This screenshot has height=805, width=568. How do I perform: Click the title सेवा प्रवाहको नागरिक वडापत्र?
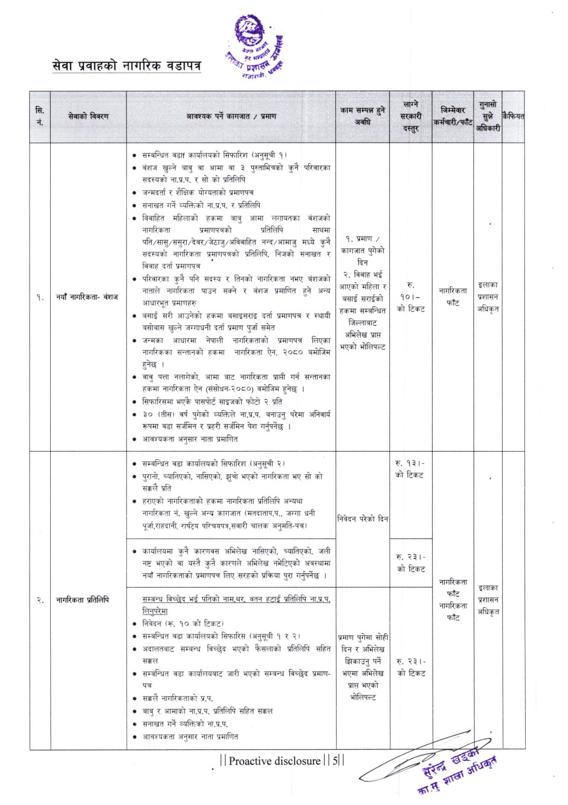[x=126, y=65]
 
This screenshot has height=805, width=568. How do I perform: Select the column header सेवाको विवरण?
[x=88, y=116]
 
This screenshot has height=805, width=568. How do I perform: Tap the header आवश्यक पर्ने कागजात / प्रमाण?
[x=231, y=116]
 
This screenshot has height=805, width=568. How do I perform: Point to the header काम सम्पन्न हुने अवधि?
[x=363, y=116]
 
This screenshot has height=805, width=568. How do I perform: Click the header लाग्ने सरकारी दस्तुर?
[x=411, y=116]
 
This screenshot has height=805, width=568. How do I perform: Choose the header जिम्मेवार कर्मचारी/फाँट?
[x=453, y=116]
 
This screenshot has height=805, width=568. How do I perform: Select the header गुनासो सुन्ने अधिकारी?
[x=488, y=116]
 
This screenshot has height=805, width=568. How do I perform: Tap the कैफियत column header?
[x=513, y=116]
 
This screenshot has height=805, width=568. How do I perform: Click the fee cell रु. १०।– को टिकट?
[x=411, y=296]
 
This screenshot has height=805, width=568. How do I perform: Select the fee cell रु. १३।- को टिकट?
[x=410, y=469]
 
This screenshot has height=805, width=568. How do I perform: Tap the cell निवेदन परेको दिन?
[x=363, y=519]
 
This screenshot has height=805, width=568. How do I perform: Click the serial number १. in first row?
[x=40, y=297]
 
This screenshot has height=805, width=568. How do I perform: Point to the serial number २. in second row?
[x=40, y=600]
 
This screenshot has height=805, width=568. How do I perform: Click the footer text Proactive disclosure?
[x=274, y=761]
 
